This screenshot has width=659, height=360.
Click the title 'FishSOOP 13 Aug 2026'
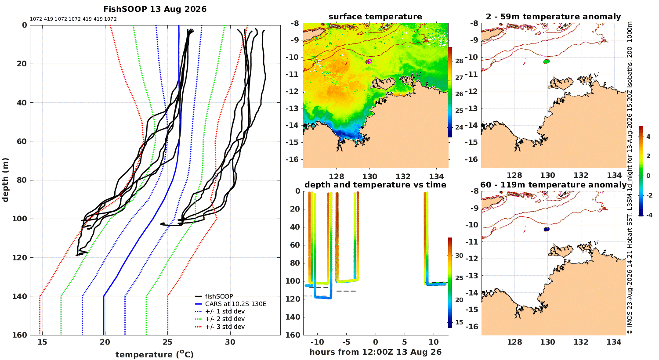click(x=155, y=9)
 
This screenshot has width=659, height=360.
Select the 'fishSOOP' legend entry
click(x=219, y=296)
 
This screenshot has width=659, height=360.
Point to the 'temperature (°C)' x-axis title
click(x=155, y=354)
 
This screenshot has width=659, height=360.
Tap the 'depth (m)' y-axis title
click(x=5, y=180)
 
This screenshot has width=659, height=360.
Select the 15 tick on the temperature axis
click(x=42, y=342)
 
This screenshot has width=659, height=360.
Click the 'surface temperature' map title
click(x=375, y=17)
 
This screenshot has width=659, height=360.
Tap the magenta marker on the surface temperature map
click(x=369, y=61)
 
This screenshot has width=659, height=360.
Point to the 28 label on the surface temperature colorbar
click(x=459, y=61)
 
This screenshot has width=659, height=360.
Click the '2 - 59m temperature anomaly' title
click(x=554, y=17)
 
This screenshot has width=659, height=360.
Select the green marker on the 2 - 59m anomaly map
click(x=547, y=61)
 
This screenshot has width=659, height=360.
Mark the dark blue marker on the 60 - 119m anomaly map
click(x=547, y=229)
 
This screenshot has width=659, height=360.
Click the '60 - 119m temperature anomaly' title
click(x=554, y=185)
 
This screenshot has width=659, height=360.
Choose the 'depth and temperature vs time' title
click(x=375, y=185)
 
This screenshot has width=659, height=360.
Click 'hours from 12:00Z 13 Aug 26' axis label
click(x=375, y=352)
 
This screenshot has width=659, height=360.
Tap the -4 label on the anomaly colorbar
click(x=649, y=215)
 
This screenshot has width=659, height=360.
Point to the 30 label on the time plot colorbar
click(x=459, y=256)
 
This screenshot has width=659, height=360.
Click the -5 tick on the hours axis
click(x=346, y=342)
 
